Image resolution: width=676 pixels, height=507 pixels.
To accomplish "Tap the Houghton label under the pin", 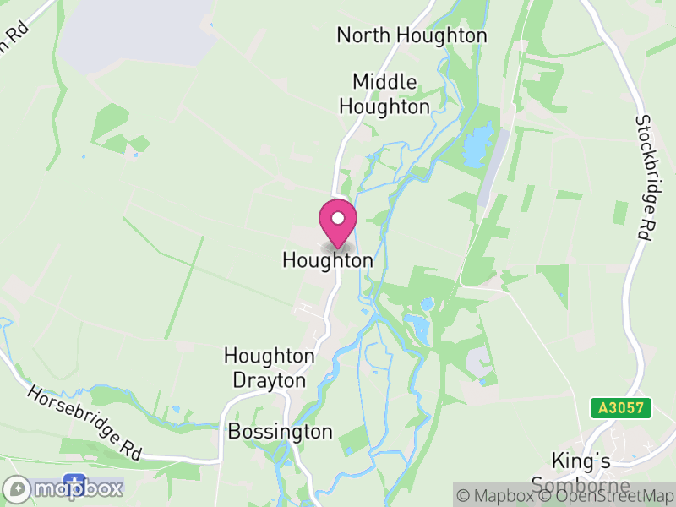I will coord(327,260).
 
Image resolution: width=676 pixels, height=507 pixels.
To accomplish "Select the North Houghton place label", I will coord(412,35).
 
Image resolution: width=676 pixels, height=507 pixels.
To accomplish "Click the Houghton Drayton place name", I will coord(270,368).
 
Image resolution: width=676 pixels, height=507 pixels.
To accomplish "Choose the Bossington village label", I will coord(280,432).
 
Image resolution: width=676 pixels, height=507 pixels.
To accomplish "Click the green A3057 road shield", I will coord(620,408).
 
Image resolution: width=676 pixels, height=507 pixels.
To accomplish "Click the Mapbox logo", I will coord(64,489).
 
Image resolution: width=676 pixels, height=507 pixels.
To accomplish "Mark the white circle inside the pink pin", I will coord(338,218).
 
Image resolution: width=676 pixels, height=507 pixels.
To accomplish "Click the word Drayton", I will coord(270,381).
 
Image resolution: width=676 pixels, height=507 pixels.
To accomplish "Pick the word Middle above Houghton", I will coord(385,82).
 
